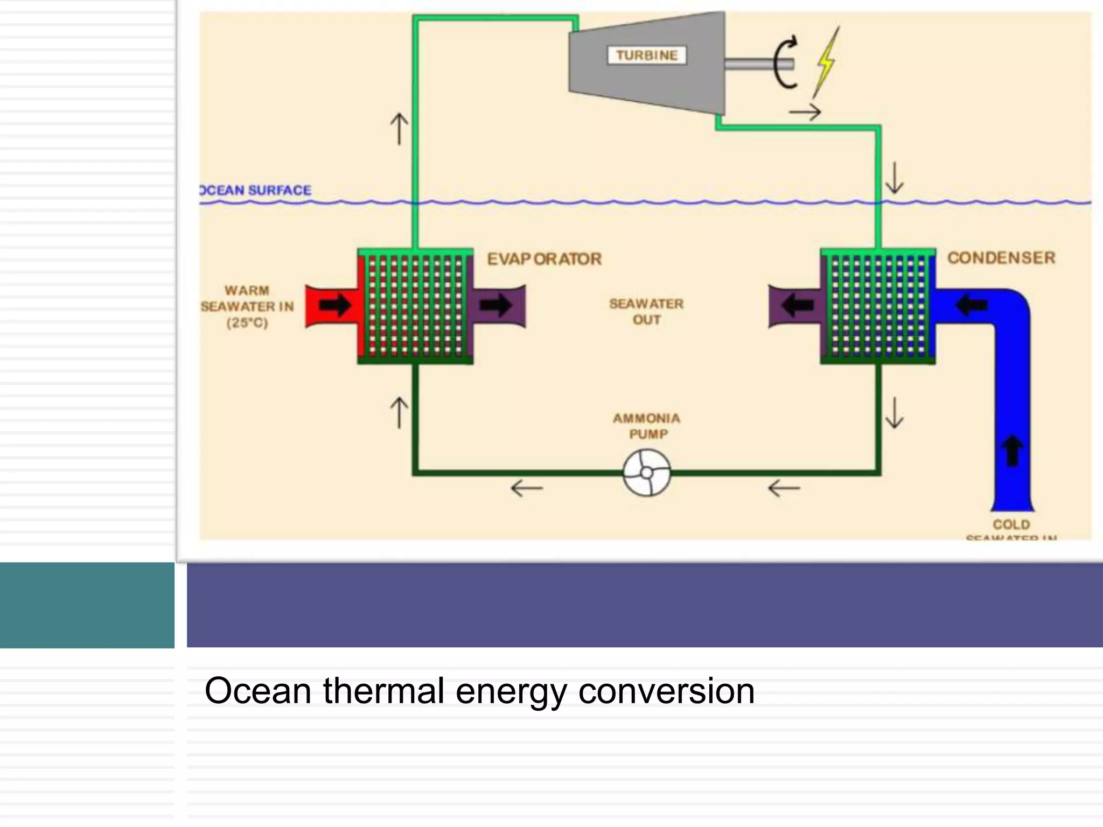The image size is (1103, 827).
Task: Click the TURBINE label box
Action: point(647,55)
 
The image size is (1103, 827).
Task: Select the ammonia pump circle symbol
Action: point(647,473)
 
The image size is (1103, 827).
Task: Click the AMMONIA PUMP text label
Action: point(647,426)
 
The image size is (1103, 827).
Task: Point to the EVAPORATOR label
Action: point(544,259)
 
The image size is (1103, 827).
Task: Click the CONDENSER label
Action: point(1001,258)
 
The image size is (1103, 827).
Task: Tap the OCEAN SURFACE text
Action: point(255,190)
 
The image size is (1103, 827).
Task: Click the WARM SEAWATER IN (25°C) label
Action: point(247,306)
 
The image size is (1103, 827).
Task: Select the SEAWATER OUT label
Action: point(646,312)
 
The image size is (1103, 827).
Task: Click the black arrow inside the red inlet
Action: point(334,305)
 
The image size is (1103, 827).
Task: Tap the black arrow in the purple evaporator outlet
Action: point(495,305)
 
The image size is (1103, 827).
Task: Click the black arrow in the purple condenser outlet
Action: point(797,305)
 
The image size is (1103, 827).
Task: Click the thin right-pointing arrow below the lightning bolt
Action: point(805,113)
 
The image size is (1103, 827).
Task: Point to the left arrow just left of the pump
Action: point(527,488)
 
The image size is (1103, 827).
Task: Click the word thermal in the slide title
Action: point(383,691)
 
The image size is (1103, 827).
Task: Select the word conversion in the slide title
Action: point(666,691)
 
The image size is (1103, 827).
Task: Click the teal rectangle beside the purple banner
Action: point(87,605)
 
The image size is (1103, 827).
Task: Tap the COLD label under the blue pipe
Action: point(1011,524)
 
